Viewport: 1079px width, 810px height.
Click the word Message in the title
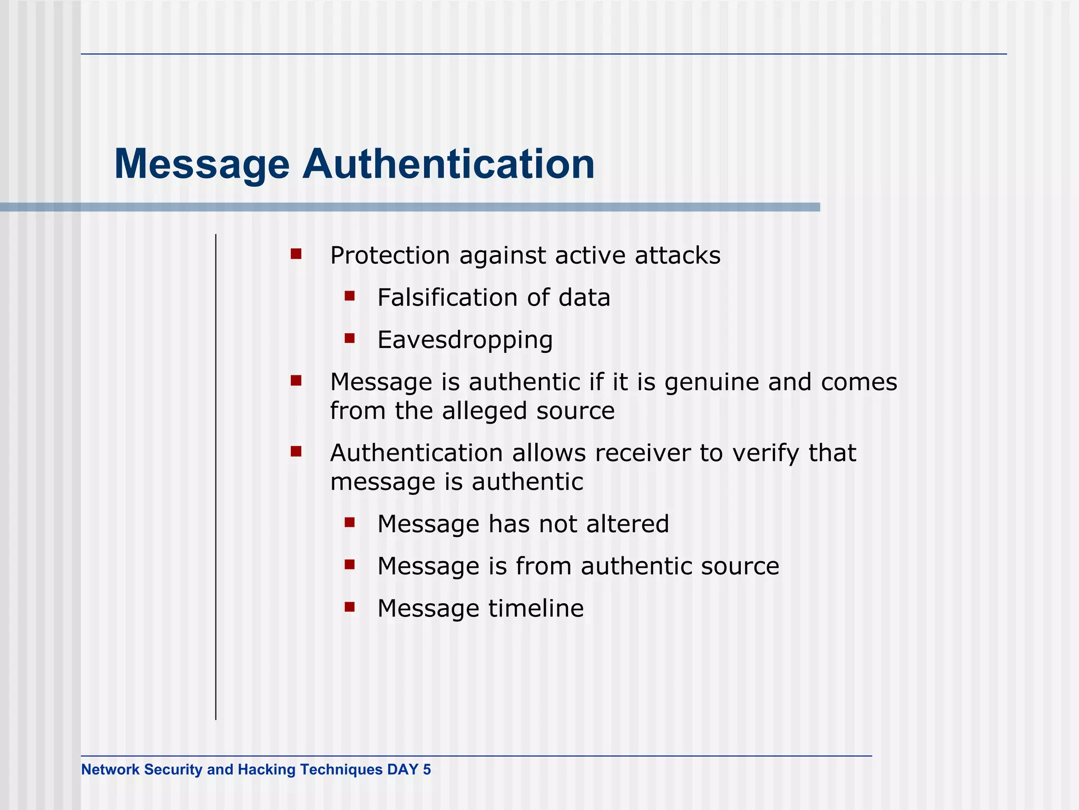click(x=202, y=165)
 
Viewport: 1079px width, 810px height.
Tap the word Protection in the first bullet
click(x=390, y=256)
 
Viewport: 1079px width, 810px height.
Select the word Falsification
click(x=447, y=297)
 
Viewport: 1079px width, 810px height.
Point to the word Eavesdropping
click(x=465, y=340)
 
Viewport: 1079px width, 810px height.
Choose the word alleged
click(x=484, y=411)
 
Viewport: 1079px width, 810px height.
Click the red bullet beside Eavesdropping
click(x=350, y=338)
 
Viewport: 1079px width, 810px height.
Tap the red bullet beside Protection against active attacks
click(x=296, y=254)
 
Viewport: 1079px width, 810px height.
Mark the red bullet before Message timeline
click(x=350, y=607)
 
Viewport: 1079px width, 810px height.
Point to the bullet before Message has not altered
click(x=350, y=523)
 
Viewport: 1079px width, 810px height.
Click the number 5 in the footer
click(x=426, y=770)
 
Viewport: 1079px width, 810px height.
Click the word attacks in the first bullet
click(x=678, y=256)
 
